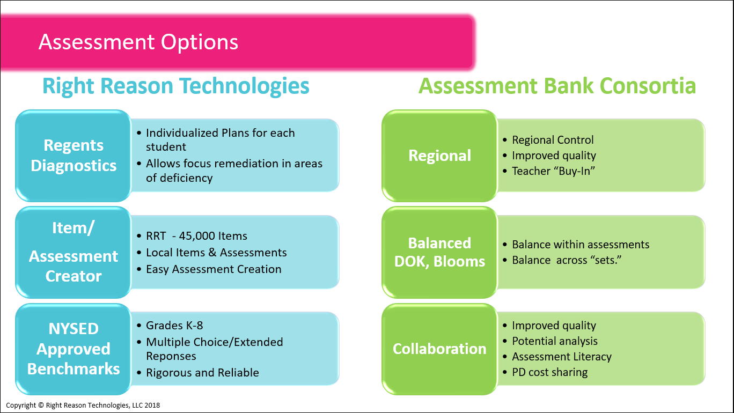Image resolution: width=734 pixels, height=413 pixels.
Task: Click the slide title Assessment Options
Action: tap(138, 42)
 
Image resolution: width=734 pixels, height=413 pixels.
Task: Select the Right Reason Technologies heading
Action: tap(176, 86)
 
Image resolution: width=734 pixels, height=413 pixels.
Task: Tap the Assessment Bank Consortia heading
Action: tap(557, 86)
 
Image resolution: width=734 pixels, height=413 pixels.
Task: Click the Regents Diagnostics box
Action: tap(74, 156)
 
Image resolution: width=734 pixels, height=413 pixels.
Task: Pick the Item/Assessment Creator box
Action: tap(74, 252)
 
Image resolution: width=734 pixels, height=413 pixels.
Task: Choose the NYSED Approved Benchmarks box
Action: tap(74, 349)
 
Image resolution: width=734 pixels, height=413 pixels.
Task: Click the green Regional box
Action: tap(439, 156)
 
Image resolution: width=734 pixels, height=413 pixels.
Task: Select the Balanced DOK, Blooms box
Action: tap(439, 252)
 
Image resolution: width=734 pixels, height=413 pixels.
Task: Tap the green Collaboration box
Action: tap(439, 349)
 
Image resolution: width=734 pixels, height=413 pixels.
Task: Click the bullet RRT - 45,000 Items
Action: tap(196, 236)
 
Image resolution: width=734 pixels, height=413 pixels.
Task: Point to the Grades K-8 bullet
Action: tap(174, 325)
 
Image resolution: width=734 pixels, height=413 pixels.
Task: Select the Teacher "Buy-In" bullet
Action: tap(554, 171)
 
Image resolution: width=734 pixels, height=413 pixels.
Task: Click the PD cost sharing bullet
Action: tap(549, 372)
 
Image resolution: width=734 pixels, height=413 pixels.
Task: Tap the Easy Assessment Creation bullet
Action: tap(214, 269)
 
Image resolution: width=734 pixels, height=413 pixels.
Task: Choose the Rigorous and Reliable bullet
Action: tap(202, 372)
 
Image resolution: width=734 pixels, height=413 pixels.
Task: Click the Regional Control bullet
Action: tap(553, 140)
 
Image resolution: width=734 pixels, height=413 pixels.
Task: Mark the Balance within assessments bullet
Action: tap(581, 245)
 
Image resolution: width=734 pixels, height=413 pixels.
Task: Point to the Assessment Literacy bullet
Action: tap(561, 356)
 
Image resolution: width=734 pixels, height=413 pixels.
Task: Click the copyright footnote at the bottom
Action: tap(83, 405)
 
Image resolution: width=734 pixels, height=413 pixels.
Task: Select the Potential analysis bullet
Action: tap(554, 341)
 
